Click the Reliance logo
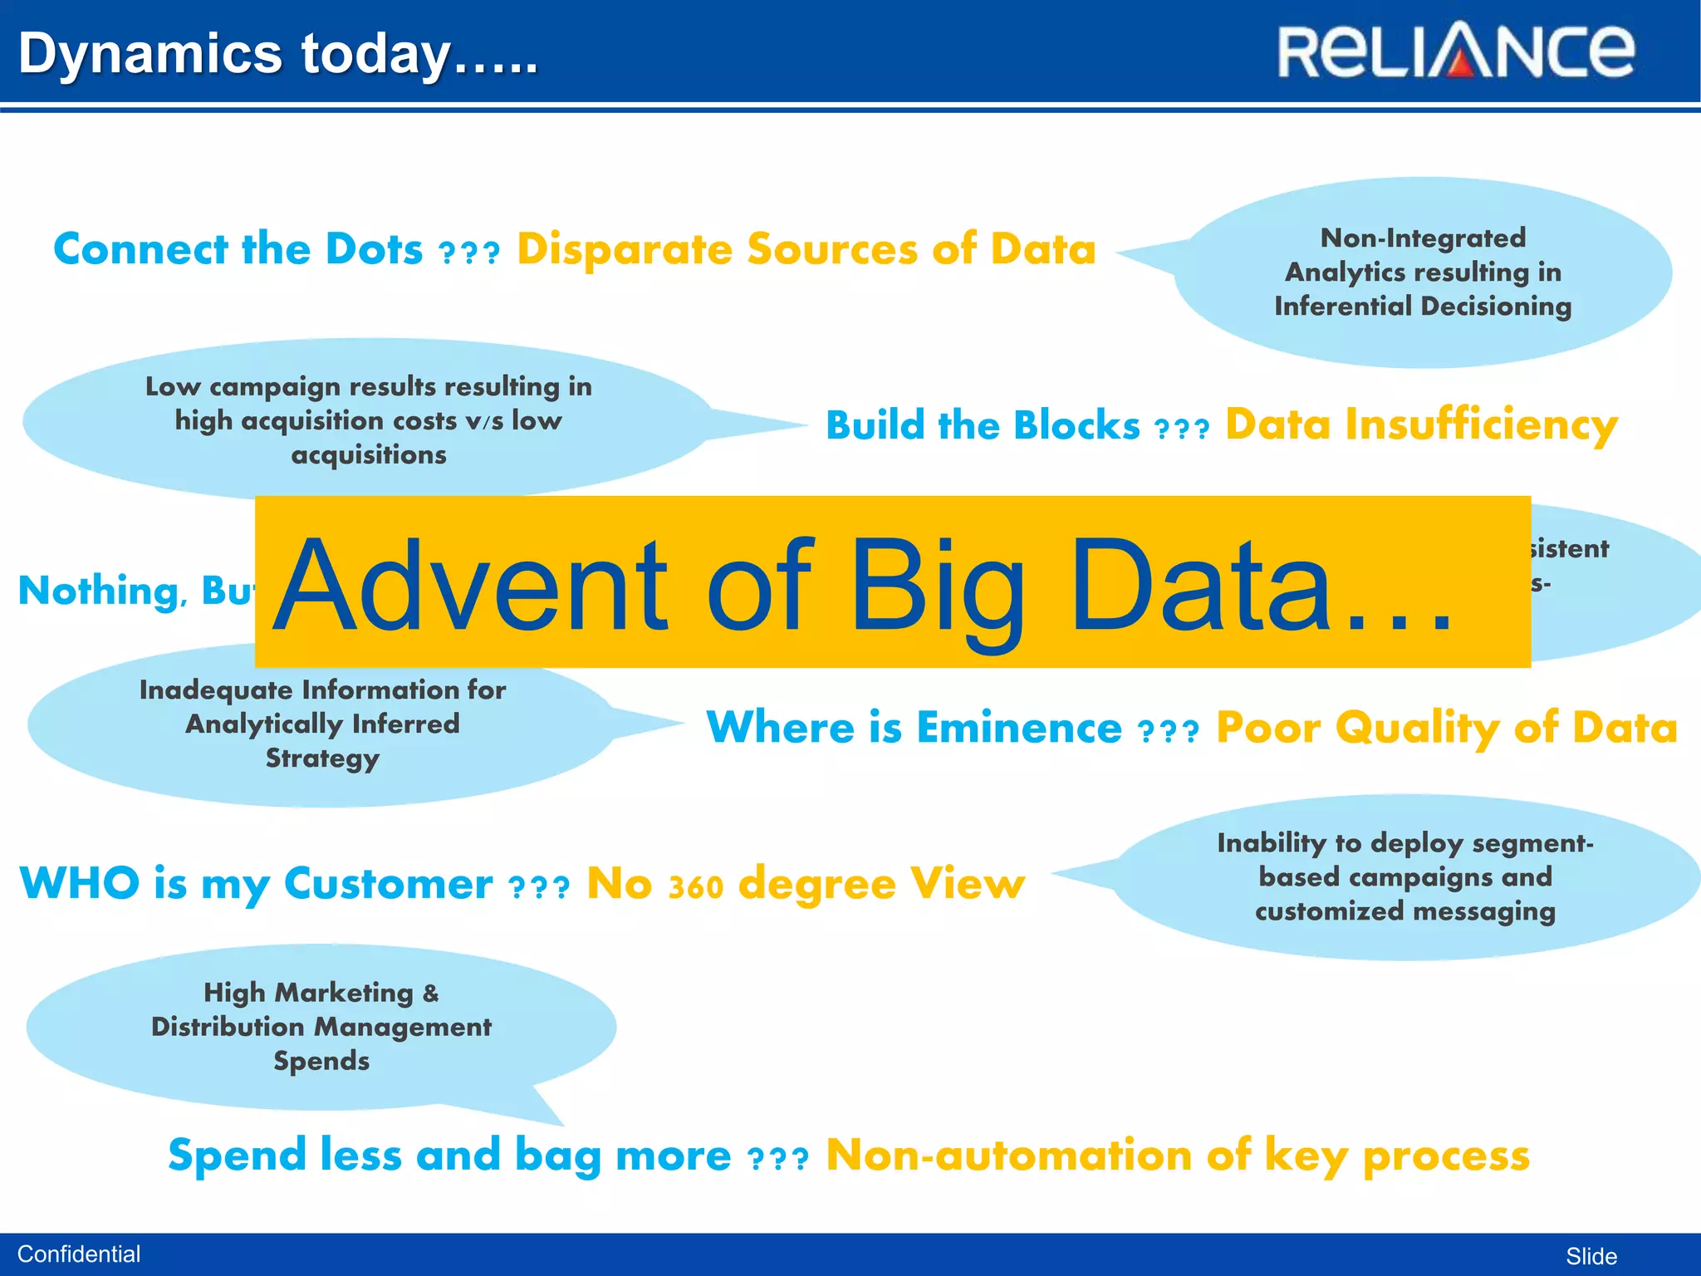click(x=1455, y=52)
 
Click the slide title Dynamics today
click(x=278, y=53)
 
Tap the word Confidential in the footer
click(x=79, y=1254)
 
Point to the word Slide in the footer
click(x=1591, y=1256)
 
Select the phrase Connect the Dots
click(x=238, y=249)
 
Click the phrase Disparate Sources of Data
click(x=806, y=249)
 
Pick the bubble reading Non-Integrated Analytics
click(x=1422, y=272)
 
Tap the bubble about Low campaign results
click(x=368, y=420)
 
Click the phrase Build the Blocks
click(x=983, y=425)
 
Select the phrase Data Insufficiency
click(x=1421, y=425)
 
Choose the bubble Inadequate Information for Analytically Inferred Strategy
click(x=322, y=724)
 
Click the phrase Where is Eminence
click(x=914, y=728)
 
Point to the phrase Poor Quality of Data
click(x=1446, y=728)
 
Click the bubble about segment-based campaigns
click(x=1404, y=877)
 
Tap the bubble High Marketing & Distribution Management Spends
click(x=321, y=1027)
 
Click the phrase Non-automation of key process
click(x=1177, y=1156)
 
